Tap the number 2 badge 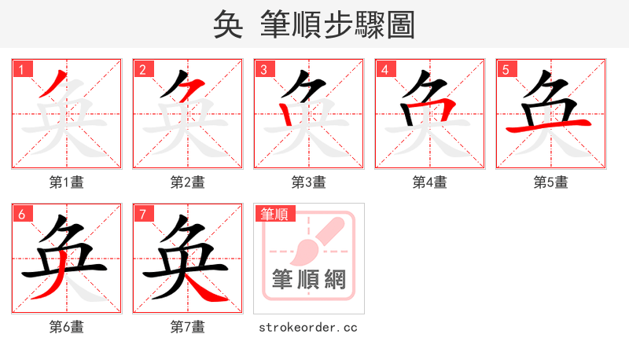click(x=143, y=69)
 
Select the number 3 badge click(x=264, y=69)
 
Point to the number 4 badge click(x=385, y=69)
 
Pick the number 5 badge click(x=506, y=69)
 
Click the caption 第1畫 click(x=67, y=182)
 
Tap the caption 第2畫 click(x=188, y=182)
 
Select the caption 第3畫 click(x=309, y=182)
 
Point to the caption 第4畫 click(x=430, y=182)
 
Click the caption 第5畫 click(x=551, y=182)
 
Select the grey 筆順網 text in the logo click(x=309, y=280)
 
